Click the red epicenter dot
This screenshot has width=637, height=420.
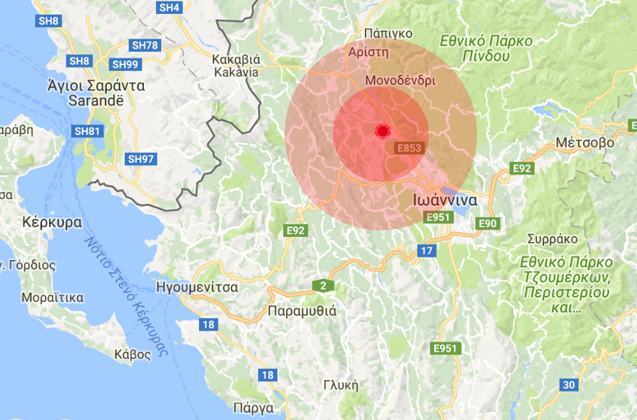click(382, 131)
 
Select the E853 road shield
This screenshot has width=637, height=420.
click(408, 148)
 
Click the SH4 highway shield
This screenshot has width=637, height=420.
click(170, 7)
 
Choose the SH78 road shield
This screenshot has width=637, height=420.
click(145, 45)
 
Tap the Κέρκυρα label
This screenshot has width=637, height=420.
click(52, 222)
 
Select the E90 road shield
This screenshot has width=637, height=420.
click(487, 224)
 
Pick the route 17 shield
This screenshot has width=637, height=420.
click(426, 250)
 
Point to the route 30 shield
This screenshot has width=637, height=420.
click(569, 384)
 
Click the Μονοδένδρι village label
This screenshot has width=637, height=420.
click(400, 80)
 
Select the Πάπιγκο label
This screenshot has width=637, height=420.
click(388, 33)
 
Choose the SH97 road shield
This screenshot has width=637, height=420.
click(141, 159)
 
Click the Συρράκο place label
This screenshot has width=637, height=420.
click(552, 239)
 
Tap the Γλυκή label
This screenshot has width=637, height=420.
click(340, 385)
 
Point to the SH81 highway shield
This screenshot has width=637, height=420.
click(87, 131)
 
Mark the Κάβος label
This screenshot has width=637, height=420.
click(132, 354)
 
